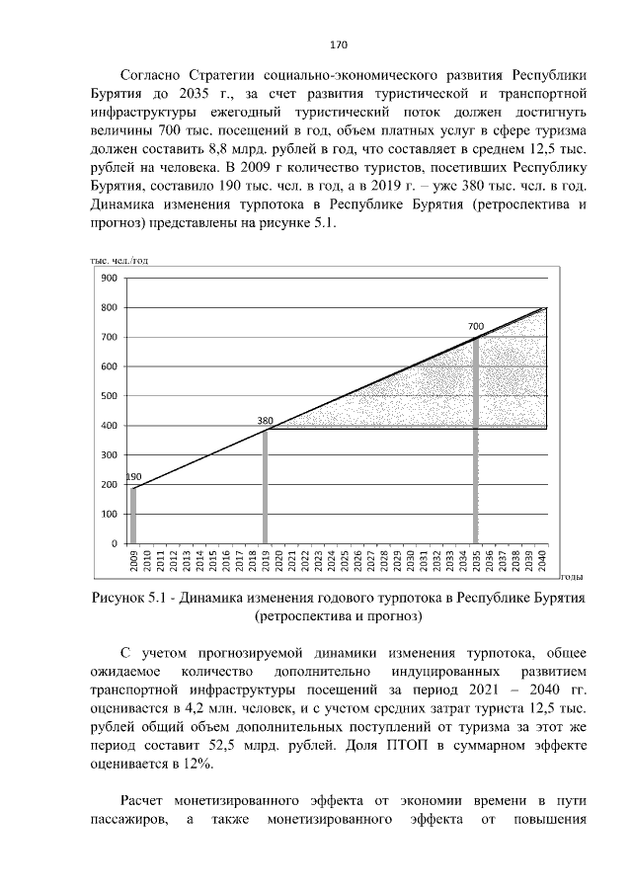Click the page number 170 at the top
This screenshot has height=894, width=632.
336,44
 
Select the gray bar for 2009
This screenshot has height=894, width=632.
134,515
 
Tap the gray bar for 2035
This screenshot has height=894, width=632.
476,440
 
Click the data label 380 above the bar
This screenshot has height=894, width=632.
265,421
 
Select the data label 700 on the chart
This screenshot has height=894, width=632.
476,326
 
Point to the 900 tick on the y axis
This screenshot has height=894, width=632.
109,278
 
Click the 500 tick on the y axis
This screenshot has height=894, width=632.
109,396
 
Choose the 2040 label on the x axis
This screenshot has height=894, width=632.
542,560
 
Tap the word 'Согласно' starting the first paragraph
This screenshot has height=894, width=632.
149,75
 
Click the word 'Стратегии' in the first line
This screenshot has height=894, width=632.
223,75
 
